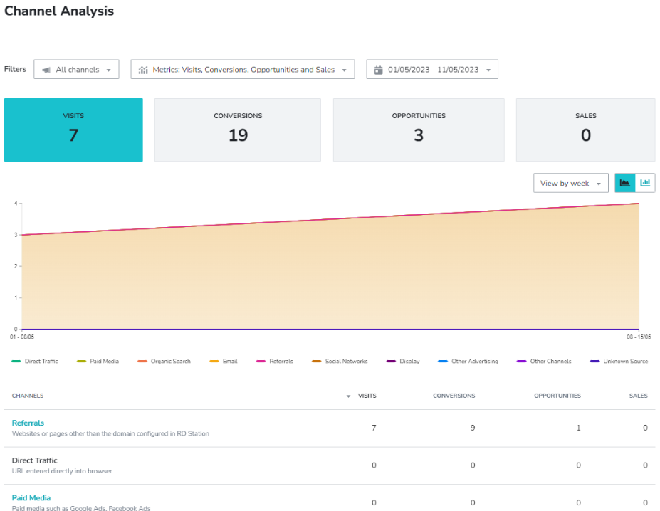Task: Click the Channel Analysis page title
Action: point(59,11)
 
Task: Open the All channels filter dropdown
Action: point(76,70)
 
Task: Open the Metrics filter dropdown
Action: point(243,70)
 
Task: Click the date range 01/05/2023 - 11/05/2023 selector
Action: point(432,70)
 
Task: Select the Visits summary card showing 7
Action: point(73,130)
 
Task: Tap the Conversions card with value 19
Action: point(238,130)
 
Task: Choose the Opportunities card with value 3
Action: point(419,130)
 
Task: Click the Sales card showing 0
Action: point(585,130)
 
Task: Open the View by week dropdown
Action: point(570,183)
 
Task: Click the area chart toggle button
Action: point(625,183)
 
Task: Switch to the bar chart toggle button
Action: point(645,183)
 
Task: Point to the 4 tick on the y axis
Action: point(15,204)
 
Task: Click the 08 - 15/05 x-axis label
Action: point(639,336)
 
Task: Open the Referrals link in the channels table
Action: point(28,423)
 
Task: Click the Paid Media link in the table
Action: point(31,497)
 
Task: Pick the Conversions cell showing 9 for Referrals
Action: point(472,428)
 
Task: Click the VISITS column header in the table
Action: point(367,396)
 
